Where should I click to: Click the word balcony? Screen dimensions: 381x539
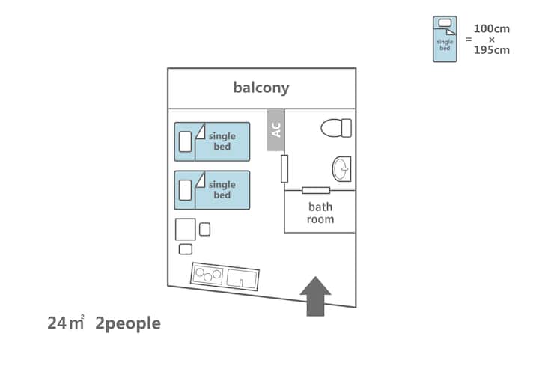click(x=261, y=88)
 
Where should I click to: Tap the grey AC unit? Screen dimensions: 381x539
click(x=275, y=129)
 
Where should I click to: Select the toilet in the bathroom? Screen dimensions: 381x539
click(x=336, y=128)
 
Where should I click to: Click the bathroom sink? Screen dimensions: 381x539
click(x=342, y=169)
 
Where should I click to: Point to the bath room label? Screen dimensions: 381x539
click(x=320, y=213)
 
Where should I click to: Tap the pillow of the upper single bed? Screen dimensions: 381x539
click(x=186, y=142)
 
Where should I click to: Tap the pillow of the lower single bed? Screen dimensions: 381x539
click(x=186, y=190)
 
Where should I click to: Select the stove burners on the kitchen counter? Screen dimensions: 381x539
click(x=209, y=275)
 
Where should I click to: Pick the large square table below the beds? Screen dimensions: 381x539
click(x=186, y=229)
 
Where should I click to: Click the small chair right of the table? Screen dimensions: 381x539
click(x=204, y=230)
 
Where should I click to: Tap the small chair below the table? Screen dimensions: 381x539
click(x=186, y=249)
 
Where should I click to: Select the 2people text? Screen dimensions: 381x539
click(x=128, y=323)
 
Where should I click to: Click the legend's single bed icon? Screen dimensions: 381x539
click(x=445, y=39)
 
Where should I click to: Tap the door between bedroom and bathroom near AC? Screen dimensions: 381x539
click(x=284, y=168)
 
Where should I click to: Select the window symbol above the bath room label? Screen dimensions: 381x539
click(x=316, y=190)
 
